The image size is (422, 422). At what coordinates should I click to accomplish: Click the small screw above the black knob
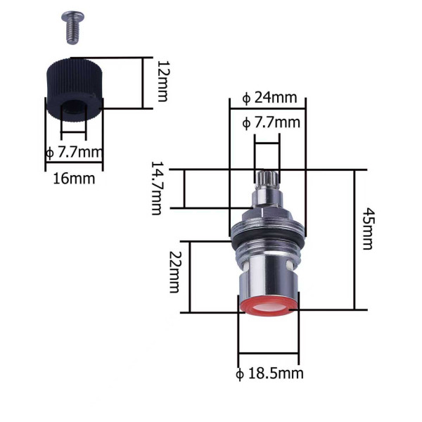[72, 27]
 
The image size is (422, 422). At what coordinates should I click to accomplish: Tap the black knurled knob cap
[75, 90]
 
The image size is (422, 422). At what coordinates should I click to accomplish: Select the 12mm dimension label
[163, 81]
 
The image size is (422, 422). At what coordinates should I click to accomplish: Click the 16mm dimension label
[74, 179]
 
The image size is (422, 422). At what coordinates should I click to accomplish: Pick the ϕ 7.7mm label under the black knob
[75, 153]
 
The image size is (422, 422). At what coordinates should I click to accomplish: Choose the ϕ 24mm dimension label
[269, 98]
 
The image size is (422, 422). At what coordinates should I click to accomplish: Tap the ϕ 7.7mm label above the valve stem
[271, 122]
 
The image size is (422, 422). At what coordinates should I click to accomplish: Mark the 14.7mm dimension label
[156, 188]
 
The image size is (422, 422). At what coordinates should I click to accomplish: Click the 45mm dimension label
[368, 229]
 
